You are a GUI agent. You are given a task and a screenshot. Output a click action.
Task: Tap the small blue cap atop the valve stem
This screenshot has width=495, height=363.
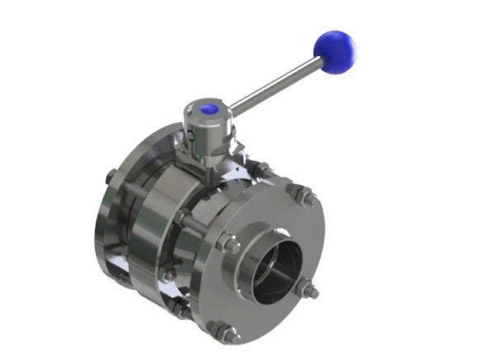coord(210,109)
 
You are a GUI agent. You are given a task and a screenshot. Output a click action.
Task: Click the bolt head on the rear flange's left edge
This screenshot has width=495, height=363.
coord(110,177)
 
